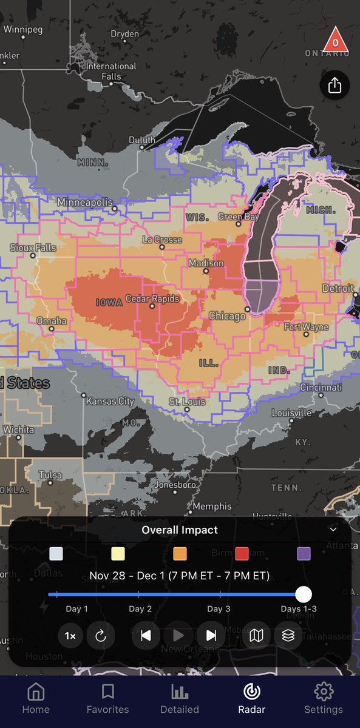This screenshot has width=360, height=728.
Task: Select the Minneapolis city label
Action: click(x=86, y=202)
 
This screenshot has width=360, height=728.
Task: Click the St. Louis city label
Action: click(x=187, y=402)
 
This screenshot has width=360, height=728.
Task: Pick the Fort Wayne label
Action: click(x=306, y=327)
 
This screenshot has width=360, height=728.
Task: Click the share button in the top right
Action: click(x=335, y=86)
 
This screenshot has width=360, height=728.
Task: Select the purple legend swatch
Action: click(x=304, y=553)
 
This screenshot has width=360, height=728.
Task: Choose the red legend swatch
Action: click(x=242, y=553)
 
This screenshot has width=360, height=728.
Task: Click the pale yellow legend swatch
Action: click(x=118, y=553)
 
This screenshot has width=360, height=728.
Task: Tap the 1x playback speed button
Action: click(x=70, y=636)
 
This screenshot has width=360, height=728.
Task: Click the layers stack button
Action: click(x=288, y=636)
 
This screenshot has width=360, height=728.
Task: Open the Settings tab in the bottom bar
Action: click(x=324, y=698)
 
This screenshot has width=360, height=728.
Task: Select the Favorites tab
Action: click(x=108, y=698)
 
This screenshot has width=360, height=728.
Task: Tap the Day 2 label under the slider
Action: click(x=140, y=608)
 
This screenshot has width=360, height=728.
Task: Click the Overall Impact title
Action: click(x=180, y=530)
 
